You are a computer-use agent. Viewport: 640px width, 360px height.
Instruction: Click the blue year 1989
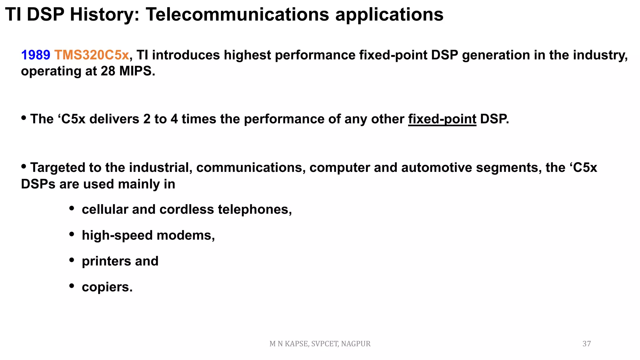[35, 55]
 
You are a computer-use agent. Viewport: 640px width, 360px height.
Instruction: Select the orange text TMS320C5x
[92, 55]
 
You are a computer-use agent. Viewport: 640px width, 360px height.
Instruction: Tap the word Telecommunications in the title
[237, 15]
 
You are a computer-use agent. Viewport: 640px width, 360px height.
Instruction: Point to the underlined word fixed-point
[442, 119]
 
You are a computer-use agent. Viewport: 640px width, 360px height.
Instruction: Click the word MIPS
[137, 72]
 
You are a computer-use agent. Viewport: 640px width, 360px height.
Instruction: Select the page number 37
[587, 344]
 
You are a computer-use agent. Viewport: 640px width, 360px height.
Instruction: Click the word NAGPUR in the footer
[356, 344]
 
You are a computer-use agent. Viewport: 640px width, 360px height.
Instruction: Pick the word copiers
[107, 287]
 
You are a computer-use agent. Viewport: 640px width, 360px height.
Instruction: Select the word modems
[186, 235]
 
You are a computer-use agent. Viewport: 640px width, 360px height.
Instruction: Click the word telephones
[255, 209]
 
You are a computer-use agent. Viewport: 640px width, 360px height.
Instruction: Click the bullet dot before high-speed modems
[72, 234]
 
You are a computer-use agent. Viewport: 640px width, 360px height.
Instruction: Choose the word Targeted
[57, 168]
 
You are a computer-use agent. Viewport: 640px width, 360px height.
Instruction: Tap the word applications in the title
[389, 15]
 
